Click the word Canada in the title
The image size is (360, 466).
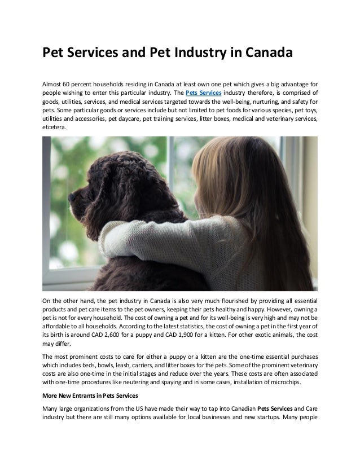263,55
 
